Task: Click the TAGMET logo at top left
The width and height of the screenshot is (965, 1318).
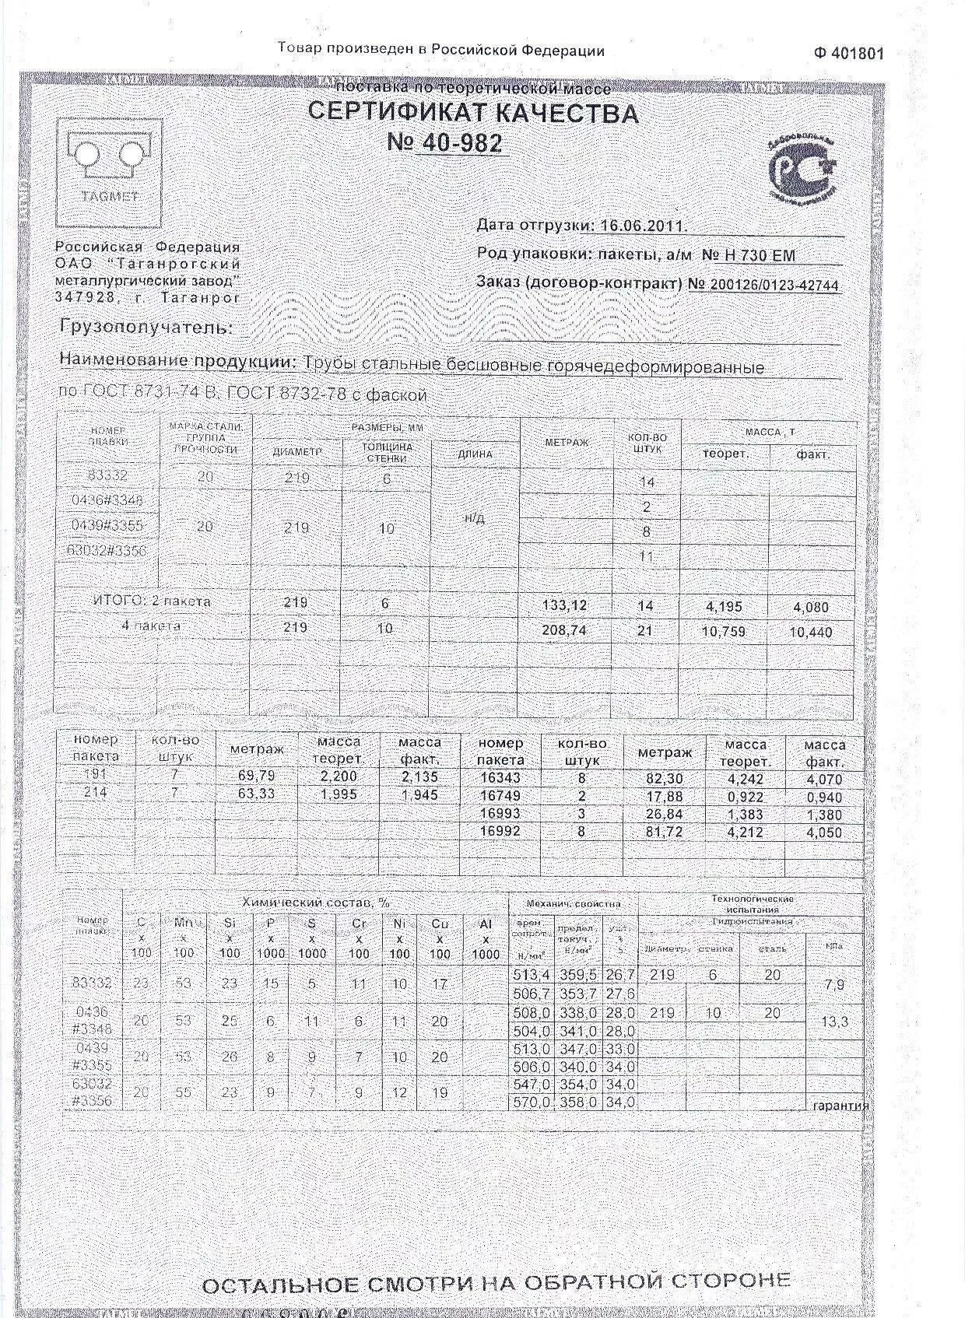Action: coord(110,167)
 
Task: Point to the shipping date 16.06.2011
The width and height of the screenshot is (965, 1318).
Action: coord(643,226)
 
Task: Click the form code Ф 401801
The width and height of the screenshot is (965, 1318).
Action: coord(849,54)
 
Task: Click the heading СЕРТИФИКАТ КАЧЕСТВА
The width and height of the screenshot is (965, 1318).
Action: coord(473,113)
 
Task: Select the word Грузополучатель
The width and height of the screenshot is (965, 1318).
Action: coord(146,328)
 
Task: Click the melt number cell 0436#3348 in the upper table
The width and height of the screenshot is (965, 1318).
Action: coord(107,499)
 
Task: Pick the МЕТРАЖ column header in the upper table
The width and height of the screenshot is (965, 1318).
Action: coord(567,442)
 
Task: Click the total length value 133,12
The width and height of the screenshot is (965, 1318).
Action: coord(564,605)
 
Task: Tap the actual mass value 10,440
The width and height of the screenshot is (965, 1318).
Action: coord(810,633)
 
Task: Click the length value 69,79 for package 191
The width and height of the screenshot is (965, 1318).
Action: coord(256,776)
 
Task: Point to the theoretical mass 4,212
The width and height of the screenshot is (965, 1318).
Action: coord(745,832)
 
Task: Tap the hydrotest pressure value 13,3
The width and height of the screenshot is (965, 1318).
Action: coord(834,1022)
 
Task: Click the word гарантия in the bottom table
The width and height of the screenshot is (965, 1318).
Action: coord(839,1105)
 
